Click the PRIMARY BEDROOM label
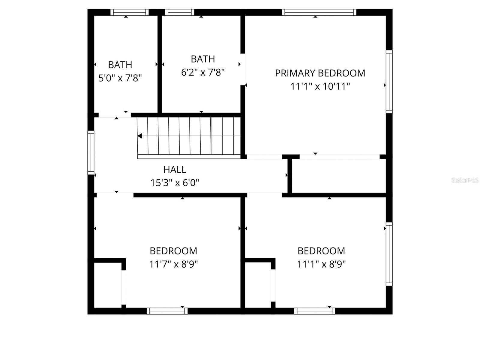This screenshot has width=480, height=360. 320,73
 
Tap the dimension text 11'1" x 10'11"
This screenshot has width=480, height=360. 320,86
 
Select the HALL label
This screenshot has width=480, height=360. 175,169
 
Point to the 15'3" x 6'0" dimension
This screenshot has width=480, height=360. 175,182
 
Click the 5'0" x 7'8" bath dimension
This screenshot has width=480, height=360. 120,78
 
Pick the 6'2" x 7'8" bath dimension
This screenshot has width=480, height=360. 203,72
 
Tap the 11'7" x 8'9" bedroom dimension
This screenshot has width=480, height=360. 173,264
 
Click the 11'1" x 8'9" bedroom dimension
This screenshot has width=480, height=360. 321,264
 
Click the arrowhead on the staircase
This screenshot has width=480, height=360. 140,136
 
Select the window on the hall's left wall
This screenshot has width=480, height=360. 91,152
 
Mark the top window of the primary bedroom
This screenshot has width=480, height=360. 319,12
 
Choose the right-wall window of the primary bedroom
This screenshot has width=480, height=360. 389,82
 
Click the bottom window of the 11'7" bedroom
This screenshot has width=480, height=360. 167,311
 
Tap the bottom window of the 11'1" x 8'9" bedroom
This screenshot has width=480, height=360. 314,311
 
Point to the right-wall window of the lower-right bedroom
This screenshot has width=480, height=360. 389,254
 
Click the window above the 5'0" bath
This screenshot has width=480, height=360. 129,12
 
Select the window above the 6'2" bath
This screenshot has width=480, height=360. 179,12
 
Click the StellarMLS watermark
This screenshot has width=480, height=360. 465,180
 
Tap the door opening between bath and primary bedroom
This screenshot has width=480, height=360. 243,69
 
